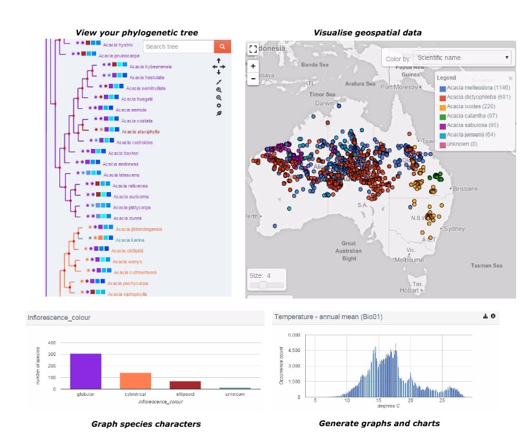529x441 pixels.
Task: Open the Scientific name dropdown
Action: (462, 58)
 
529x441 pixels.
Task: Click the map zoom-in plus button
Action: (254, 66)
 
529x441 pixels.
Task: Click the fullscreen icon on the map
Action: (253, 49)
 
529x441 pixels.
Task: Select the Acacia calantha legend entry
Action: (467, 116)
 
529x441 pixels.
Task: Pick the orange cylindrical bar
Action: (135, 380)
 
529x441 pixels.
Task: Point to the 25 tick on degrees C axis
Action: (442, 401)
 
